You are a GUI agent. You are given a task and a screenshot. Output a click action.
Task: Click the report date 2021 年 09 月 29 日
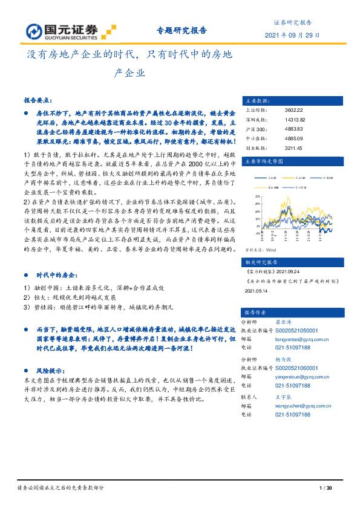(x=289, y=35)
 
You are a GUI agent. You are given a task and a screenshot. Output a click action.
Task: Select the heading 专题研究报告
(x=182, y=30)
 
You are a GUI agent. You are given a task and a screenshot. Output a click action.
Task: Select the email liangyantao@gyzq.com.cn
(x=297, y=340)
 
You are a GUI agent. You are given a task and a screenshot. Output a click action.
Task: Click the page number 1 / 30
(x=326, y=488)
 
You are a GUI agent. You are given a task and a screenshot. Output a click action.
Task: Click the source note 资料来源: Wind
(x=260, y=248)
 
